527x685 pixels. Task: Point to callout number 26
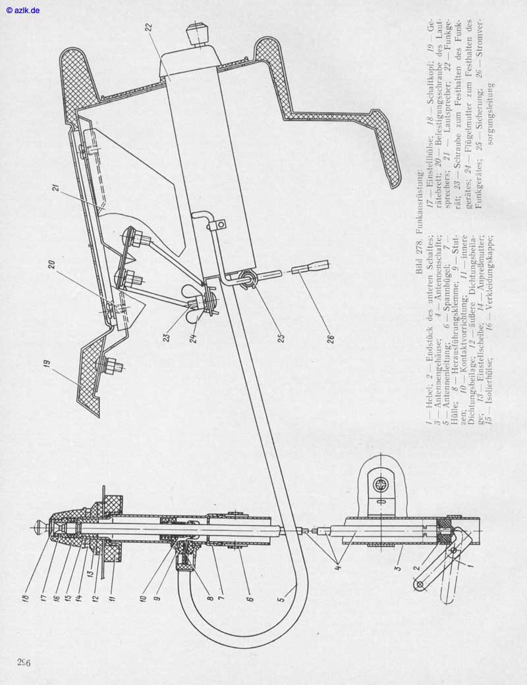[332, 339]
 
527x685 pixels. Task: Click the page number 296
[25, 661]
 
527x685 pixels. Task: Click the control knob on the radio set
[196, 34]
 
